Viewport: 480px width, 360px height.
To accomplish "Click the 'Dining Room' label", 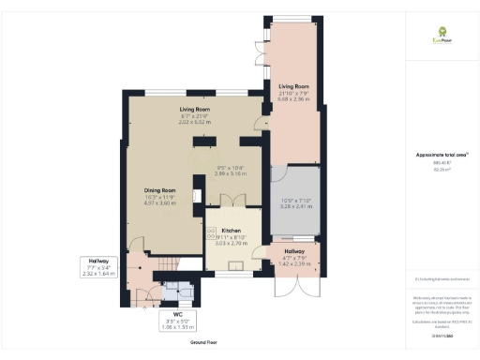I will (160, 191).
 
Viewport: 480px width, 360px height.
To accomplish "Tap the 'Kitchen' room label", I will (231, 230).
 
